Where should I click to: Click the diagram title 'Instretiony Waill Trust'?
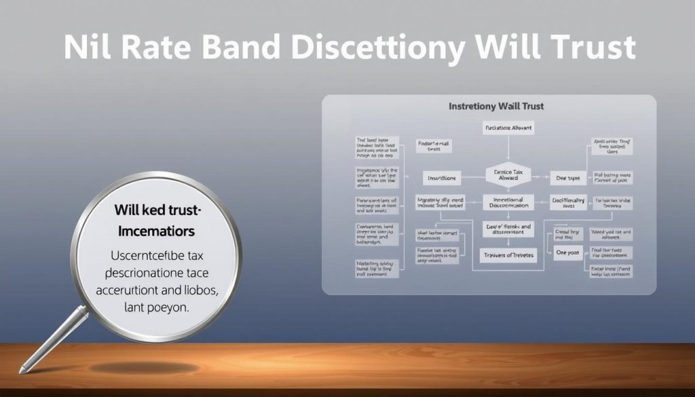coord(496,107)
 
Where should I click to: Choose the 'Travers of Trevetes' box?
coord(508,255)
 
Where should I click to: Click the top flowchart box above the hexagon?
coord(508,128)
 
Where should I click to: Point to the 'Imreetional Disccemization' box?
coord(508,203)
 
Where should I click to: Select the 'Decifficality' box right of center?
coord(568,202)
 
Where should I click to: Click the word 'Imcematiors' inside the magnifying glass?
coord(157,231)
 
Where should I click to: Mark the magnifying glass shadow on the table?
coord(129,368)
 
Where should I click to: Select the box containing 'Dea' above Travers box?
coord(508,229)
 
